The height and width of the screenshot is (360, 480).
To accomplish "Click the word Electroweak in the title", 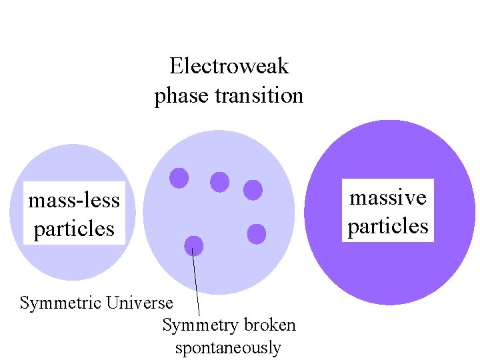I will (x=229, y=66).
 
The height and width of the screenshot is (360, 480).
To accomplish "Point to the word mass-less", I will (x=74, y=199).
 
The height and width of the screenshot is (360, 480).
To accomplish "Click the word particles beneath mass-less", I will (x=74, y=229).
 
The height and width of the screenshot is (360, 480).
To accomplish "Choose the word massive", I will (x=388, y=197).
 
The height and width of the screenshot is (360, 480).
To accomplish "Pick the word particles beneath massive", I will (x=388, y=226).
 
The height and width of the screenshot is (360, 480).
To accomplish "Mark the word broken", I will (x=269, y=325).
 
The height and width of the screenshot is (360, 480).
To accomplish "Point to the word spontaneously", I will (x=228, y=348).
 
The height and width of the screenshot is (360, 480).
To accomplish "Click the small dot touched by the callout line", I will (x=193, y=245).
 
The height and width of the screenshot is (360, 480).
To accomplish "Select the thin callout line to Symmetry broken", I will (x=196, y=283).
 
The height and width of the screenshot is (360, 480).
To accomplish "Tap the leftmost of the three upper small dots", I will (x=179, y=177).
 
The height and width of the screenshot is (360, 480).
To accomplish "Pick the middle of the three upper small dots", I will (x=219, y=181).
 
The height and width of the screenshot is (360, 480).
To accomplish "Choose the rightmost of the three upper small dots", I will (x=253, y=190).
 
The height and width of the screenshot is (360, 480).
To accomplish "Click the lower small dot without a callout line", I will (x=257, y=234).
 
